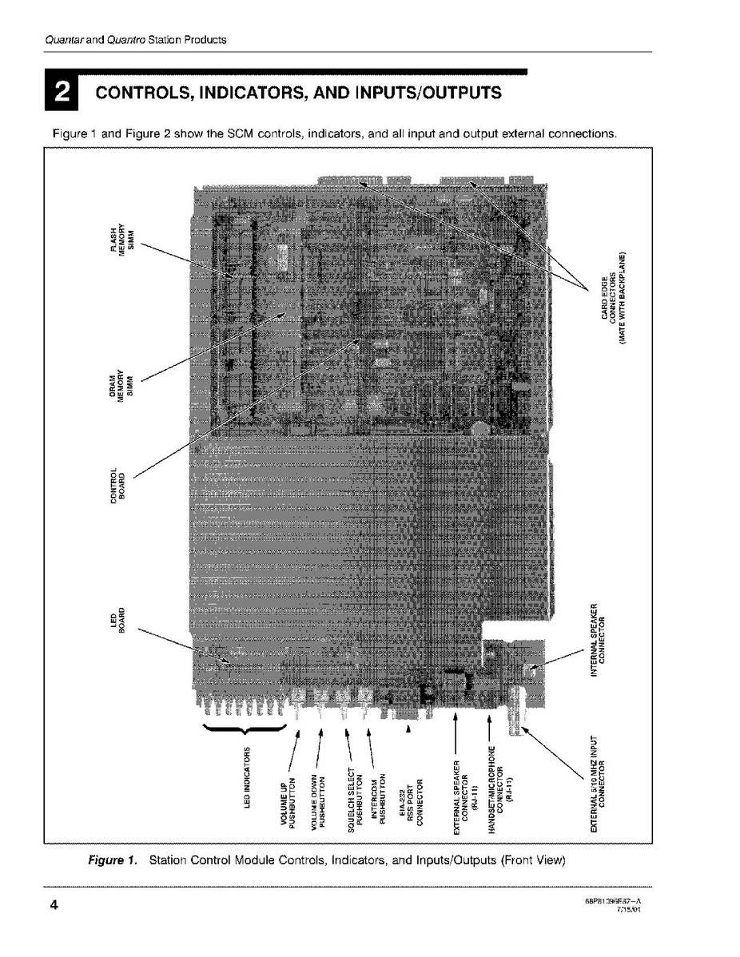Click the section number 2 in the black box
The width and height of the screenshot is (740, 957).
(x=60, y=93)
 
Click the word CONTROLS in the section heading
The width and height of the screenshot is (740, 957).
(x=144, y=93)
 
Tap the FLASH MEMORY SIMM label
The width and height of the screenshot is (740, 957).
(x=123, y=237)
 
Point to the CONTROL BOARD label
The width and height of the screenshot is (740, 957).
(x=117, y=484)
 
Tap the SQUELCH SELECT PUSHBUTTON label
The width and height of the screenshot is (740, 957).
(x=353, y=800)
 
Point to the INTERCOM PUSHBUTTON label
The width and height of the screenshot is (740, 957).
(x=377, y=800)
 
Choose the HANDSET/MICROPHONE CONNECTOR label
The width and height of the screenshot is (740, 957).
(x=499, y=791)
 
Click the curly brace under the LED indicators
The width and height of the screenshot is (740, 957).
(x=245, y=729)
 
